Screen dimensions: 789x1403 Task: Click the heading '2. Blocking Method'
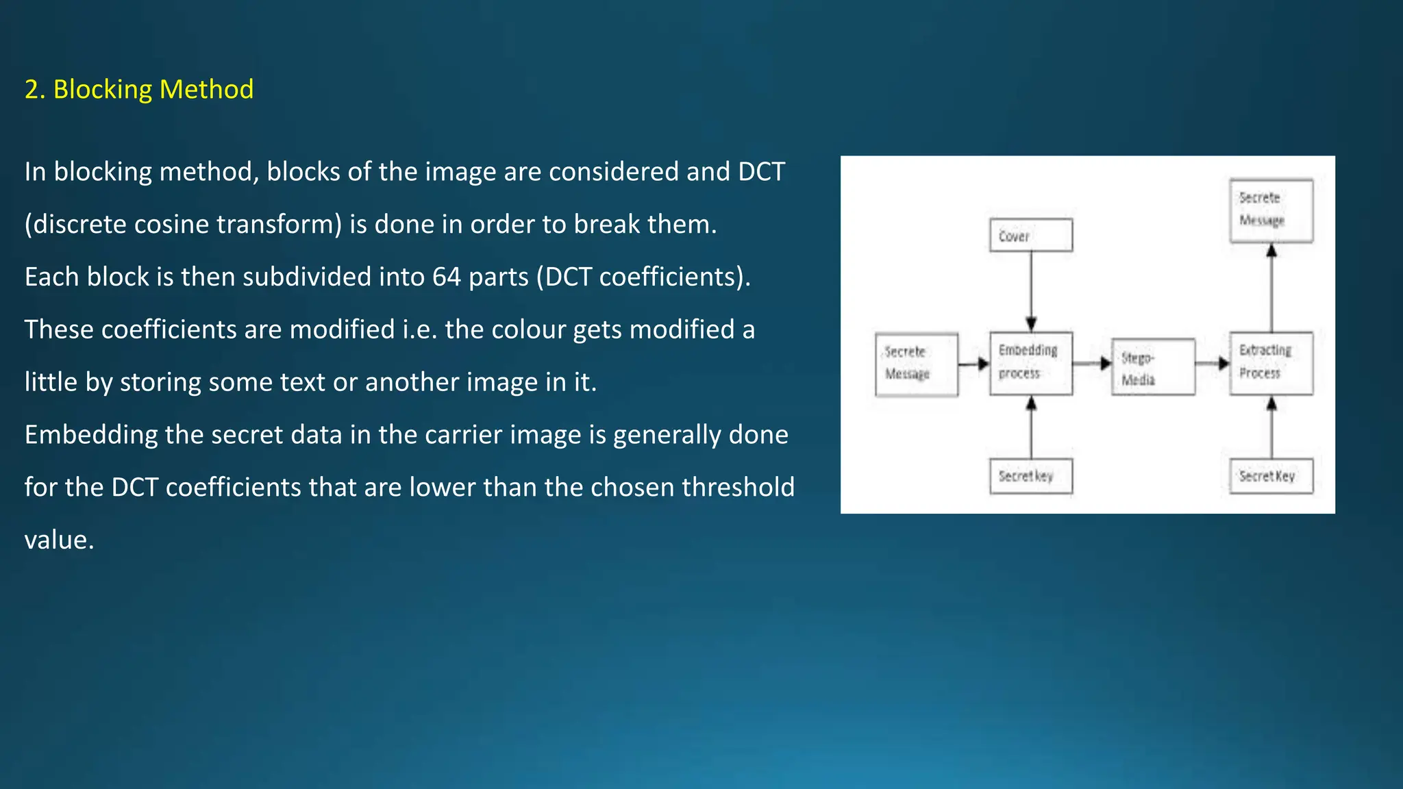tap(139, 89)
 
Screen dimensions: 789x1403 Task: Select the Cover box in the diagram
tap(1030, 235)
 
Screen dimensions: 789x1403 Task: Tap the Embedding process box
tap(1030, 363)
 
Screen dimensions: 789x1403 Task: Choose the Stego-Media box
tap(1153, 367)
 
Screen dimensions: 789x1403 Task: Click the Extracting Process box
tap(1271, 363)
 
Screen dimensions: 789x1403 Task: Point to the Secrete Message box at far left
tap(916, 364)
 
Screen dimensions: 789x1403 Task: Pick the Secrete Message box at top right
tap(1271, 210)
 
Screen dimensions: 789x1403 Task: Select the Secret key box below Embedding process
tap(1030, 476)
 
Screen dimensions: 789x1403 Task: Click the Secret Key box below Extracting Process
tap(1271, 476)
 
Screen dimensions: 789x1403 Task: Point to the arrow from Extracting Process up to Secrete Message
tap(1271, 288)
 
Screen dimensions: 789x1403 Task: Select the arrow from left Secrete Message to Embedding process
tap(973, 364)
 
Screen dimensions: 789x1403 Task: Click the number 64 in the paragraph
tap(446, 277)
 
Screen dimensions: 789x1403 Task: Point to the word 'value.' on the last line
tap(59, 540)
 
